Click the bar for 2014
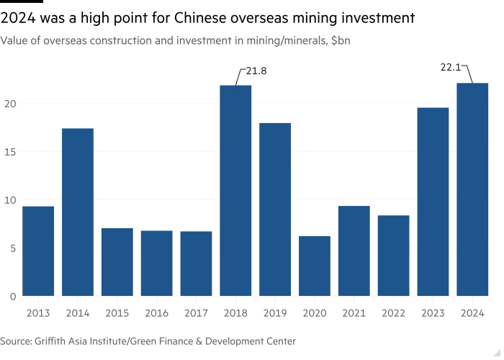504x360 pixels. click(78, 212)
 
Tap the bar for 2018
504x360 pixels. click(235, 190)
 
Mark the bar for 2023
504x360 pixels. click(433, 201)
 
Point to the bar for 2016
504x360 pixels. click(156, 263)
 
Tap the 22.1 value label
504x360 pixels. click(450, 68)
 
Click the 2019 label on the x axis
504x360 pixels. click(275, 313)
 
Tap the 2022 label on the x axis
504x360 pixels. click(393, 313)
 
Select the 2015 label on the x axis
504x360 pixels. click(117, 313)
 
